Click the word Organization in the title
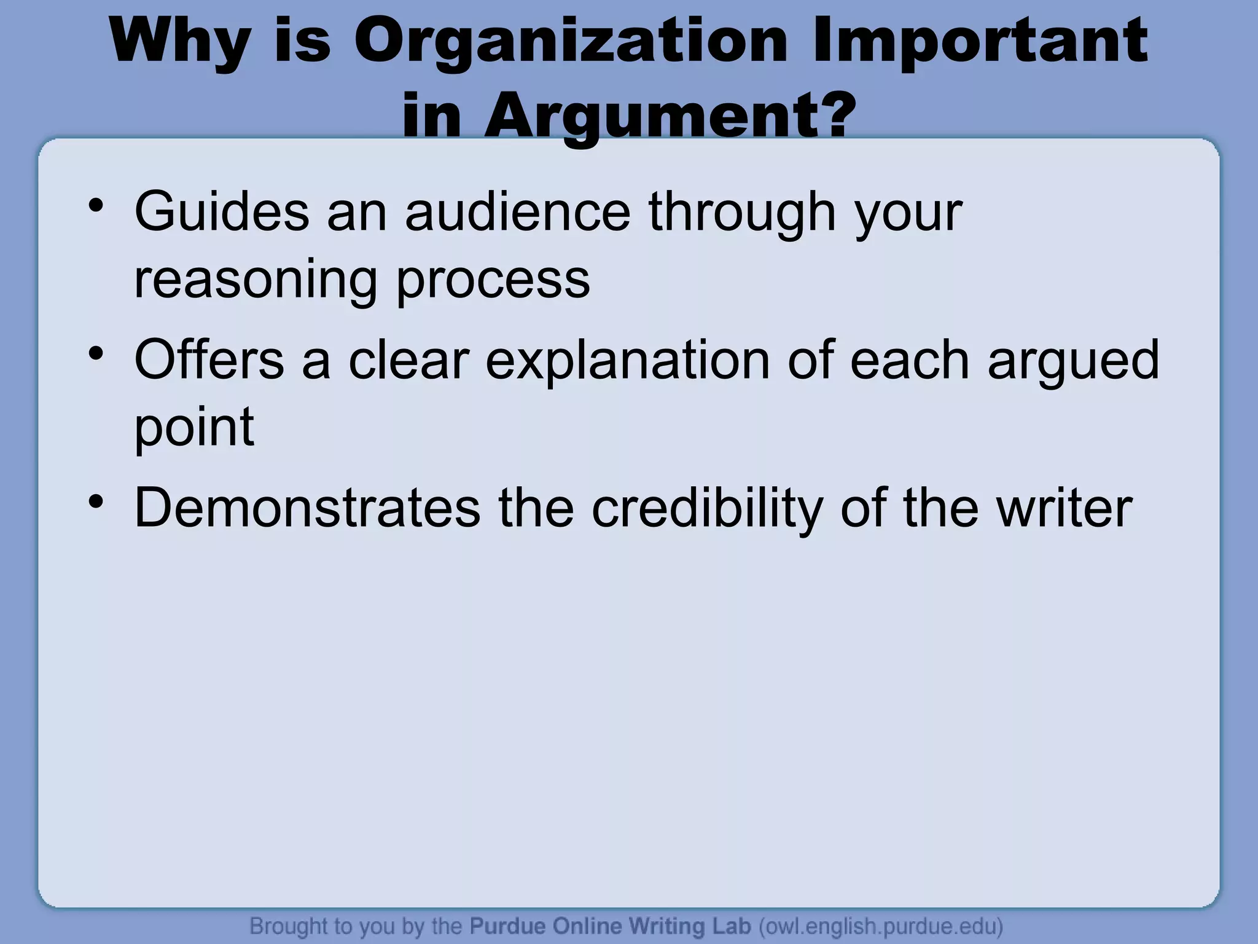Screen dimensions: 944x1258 tap(571, 42)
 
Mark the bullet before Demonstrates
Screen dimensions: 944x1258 tap(95, 501)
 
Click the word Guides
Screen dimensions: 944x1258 tap(222, 212)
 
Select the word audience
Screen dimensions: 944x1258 tap(517, 212)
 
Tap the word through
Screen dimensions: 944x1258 tap(743, 212)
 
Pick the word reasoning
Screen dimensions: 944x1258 tap(255, 280)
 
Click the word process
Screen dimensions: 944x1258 tap(493, 280)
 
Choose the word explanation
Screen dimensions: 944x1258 tap(628, 361)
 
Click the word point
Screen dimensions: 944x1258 tap(194, 428)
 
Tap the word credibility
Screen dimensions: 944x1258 tap(707, 508)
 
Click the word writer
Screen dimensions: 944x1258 tap(1065, 508)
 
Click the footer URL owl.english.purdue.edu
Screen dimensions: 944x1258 tap(881, 926)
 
